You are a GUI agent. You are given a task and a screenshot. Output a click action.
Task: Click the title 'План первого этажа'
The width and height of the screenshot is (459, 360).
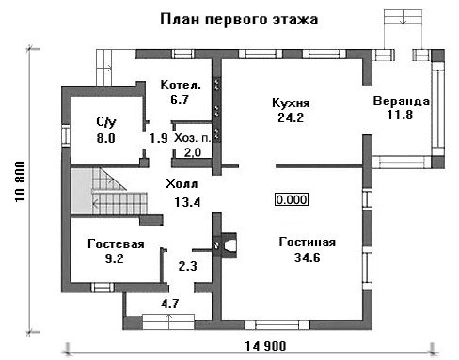click(x=239, y=19)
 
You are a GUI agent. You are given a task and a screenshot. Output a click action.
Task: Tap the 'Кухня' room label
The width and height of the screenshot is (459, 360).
click(x=291, y=102)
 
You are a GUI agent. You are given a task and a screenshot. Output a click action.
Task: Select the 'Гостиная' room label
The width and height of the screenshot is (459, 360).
click(x=308, y=243)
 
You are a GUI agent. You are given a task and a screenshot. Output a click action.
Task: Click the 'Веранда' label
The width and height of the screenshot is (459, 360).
click(x=401, y=102)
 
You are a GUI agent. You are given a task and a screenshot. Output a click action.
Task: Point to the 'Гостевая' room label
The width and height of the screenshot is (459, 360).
click(x=116, y=243)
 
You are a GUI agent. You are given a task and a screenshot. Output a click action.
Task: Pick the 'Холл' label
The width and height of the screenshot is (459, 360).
click(x=182, y=184)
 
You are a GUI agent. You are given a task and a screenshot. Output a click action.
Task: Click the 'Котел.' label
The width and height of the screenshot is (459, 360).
click(x=181, y=85)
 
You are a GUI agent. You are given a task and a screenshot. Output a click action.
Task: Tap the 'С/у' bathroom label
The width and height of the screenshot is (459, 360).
click(x=106, y=122)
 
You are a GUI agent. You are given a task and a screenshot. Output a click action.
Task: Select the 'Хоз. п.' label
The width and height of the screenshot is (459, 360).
click(x=193, y=138)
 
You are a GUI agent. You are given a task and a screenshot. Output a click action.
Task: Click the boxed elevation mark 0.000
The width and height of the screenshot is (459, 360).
click(x=292, y=199)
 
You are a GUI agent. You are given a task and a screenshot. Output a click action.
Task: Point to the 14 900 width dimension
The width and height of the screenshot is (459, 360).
click(x=265, y=346)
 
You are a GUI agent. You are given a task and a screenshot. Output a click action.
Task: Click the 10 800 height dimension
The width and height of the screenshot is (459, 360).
click(x=20, y=181)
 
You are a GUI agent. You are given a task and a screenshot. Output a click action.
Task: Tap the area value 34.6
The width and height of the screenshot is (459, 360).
click(x=308, y=258)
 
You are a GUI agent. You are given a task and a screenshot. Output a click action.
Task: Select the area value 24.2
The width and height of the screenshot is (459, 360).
click(x=291, y=117)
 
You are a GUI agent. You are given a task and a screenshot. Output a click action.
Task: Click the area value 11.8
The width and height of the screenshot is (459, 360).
click(x=400, y=115)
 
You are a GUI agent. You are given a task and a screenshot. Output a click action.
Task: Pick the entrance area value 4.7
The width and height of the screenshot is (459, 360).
click(x=170, y=304)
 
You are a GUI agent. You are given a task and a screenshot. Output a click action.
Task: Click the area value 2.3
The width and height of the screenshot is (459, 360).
click(x=188, y=266)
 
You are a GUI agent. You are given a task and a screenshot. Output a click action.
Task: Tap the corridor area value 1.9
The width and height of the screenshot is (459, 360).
click(x=159, y=138)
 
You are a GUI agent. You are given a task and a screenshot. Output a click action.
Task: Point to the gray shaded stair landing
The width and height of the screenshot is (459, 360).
click(x=82, y=192)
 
